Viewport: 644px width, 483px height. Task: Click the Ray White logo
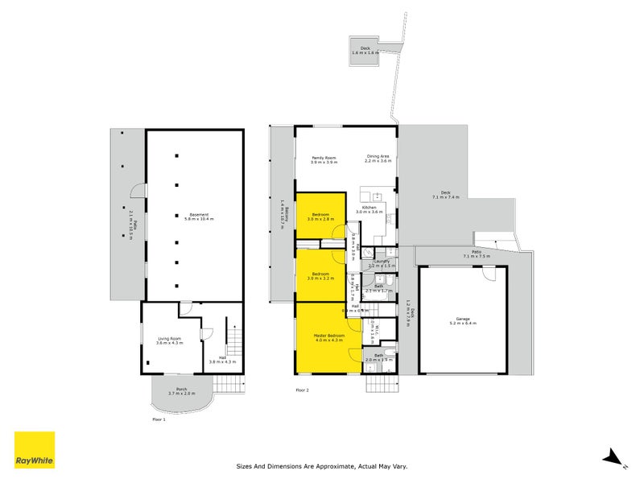(x=35, y=450)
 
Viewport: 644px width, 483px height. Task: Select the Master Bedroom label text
(x=328, y=337)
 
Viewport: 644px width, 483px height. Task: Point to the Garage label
(x=463, y=320)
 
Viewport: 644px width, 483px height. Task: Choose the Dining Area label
(x=378, y=159)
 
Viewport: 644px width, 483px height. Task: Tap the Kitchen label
(x=369, y=209)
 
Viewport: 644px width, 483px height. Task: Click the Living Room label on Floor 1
(x=169, y=341)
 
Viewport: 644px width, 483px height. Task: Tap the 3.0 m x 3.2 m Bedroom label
(x=320, y=275)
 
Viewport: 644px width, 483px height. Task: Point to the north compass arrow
(x=615, y=458)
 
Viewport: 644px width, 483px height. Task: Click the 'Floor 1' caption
(x=159, y=419)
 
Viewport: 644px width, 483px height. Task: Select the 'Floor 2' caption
(x=302, y=390)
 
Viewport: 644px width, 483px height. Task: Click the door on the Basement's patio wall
(x=139, y=193)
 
